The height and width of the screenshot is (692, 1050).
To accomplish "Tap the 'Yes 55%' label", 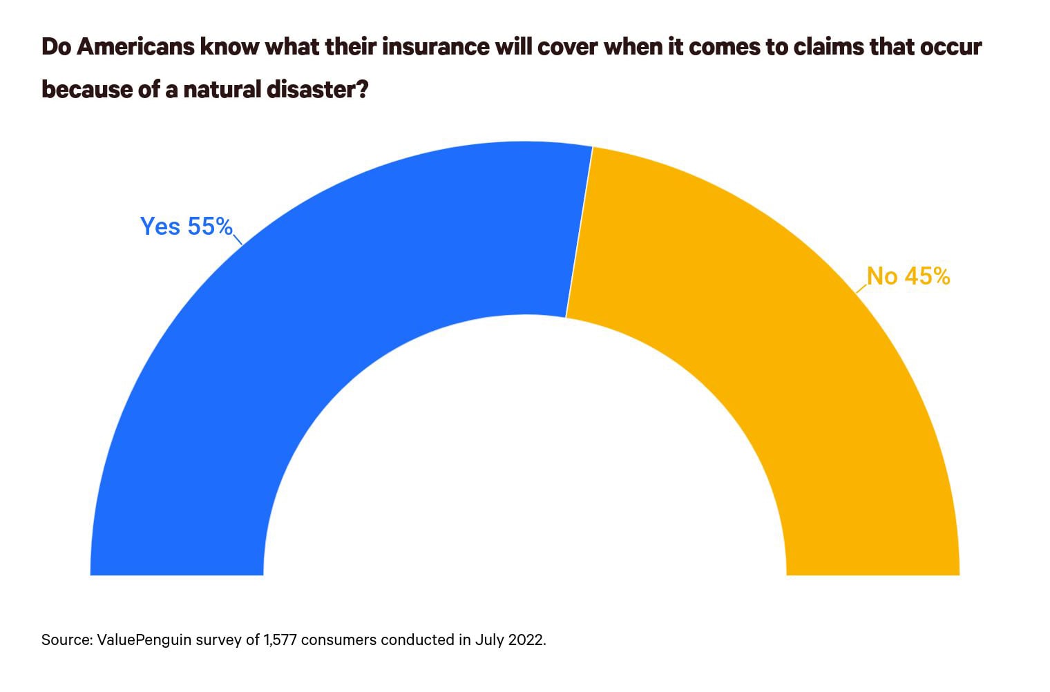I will click(x=186, y=227).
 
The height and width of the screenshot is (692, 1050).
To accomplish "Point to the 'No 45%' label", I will click(x=909, y=276).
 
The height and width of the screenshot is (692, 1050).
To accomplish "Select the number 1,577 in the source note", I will click(x=280, y=640).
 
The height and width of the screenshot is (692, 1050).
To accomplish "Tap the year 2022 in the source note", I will click(x=526, y=640).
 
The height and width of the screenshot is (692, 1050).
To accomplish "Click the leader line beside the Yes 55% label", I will click(x=238, y=240).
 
